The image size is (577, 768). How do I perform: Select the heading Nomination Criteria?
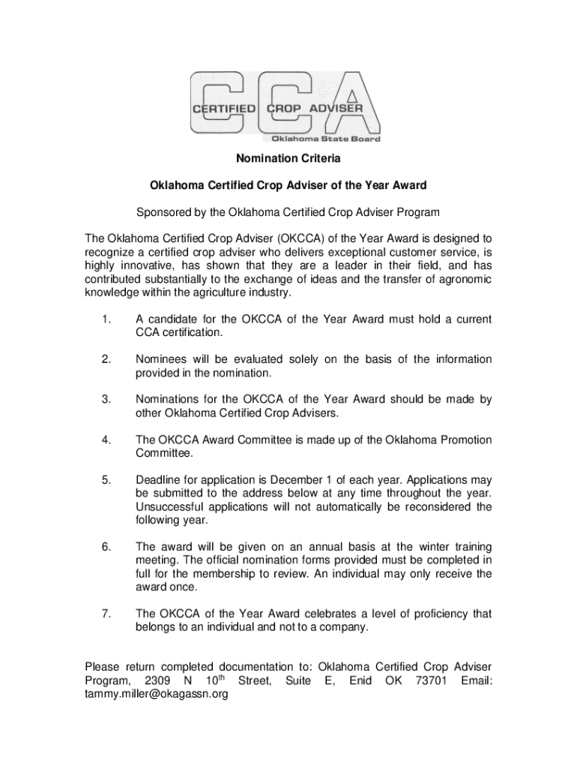[288, 159]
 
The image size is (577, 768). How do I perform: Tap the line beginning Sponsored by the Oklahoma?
[288, 211]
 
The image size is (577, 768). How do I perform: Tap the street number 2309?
[161, 681]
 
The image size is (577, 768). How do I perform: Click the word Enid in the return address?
[363, 681]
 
